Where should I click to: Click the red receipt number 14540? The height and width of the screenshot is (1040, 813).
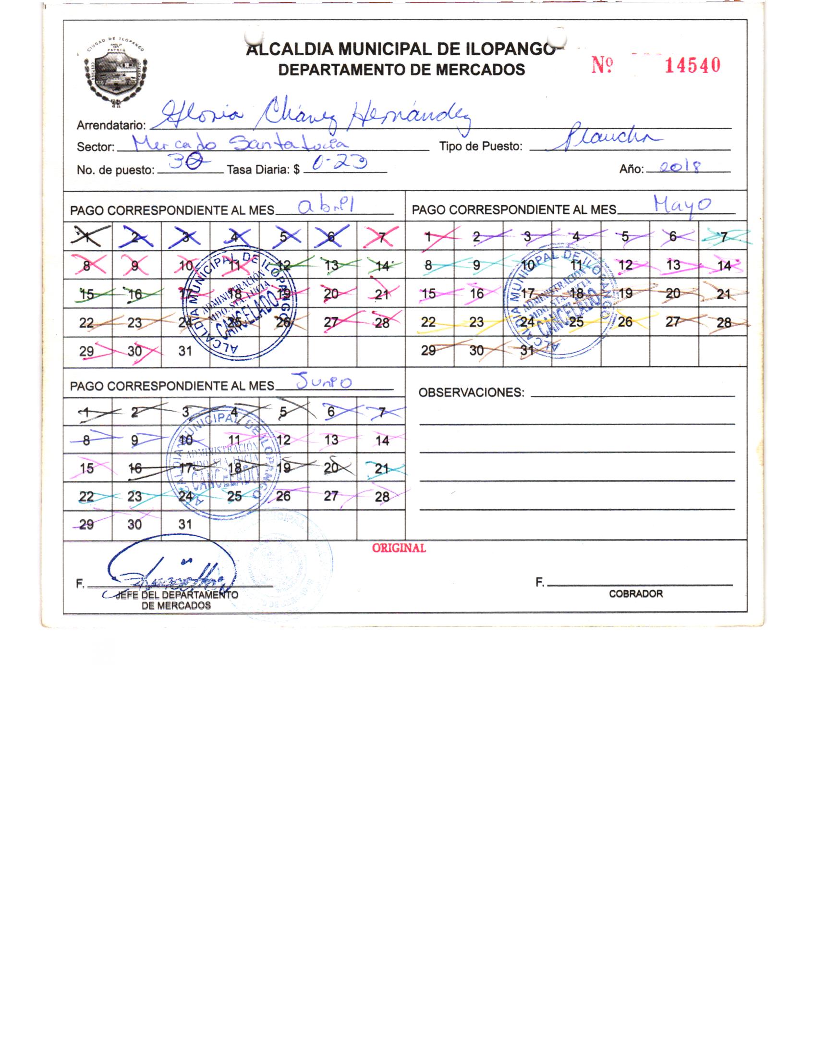pyautogui.click(x=692, y=65)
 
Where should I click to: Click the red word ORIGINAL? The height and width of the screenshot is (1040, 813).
pyautogui.click(x=399, y=548)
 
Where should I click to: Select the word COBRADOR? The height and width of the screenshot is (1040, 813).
pyautogui.click(x=635, y=594)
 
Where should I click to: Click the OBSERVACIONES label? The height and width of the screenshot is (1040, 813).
pyautogui.click(x=471, y=393)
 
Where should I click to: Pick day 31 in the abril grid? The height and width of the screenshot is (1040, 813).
pyautogui.click(x=185, y=351)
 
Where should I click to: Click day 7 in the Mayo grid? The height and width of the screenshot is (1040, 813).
pyautogui.click(x=723, y=236)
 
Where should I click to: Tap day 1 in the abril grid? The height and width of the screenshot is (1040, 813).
pyautogui.click(x=87, y=236)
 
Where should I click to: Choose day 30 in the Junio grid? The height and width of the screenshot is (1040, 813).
pyautogui.click(x=135, y=524)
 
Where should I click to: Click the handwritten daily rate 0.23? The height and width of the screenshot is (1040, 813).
pyautogui.click(x=339, y=166)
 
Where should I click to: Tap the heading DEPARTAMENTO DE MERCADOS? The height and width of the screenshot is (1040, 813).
pyautogui.click(x=401, y=70)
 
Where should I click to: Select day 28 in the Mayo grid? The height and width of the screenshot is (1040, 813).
pyautogui.click(x=724, y=322)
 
